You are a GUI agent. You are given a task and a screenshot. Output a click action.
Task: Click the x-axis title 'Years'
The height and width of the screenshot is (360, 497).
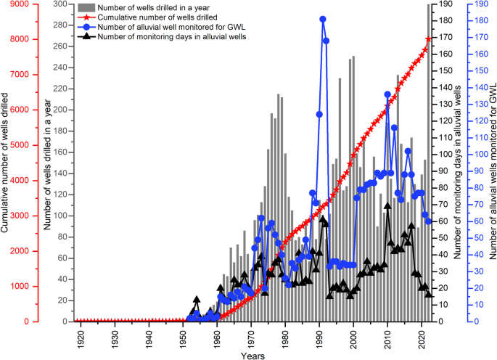coord(254,356)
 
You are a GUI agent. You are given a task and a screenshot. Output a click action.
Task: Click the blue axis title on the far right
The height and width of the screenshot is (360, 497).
coord(492,163)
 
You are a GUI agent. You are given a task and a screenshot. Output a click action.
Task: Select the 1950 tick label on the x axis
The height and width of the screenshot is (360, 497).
coord(183,338)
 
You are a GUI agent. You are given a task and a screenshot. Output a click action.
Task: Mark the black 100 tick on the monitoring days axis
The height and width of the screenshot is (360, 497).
coord(442,155)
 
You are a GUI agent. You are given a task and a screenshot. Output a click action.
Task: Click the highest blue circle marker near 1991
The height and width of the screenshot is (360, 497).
coord(322,19)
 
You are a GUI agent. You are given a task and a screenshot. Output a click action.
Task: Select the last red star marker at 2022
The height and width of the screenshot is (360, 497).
coord(429,38)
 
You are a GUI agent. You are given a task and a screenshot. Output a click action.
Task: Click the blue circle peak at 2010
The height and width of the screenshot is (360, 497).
coord(387,94)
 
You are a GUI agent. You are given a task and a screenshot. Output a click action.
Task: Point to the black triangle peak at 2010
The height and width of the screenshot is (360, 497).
coord(387,206)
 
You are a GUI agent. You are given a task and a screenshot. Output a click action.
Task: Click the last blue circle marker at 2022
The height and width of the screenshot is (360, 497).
coord(429,221)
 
